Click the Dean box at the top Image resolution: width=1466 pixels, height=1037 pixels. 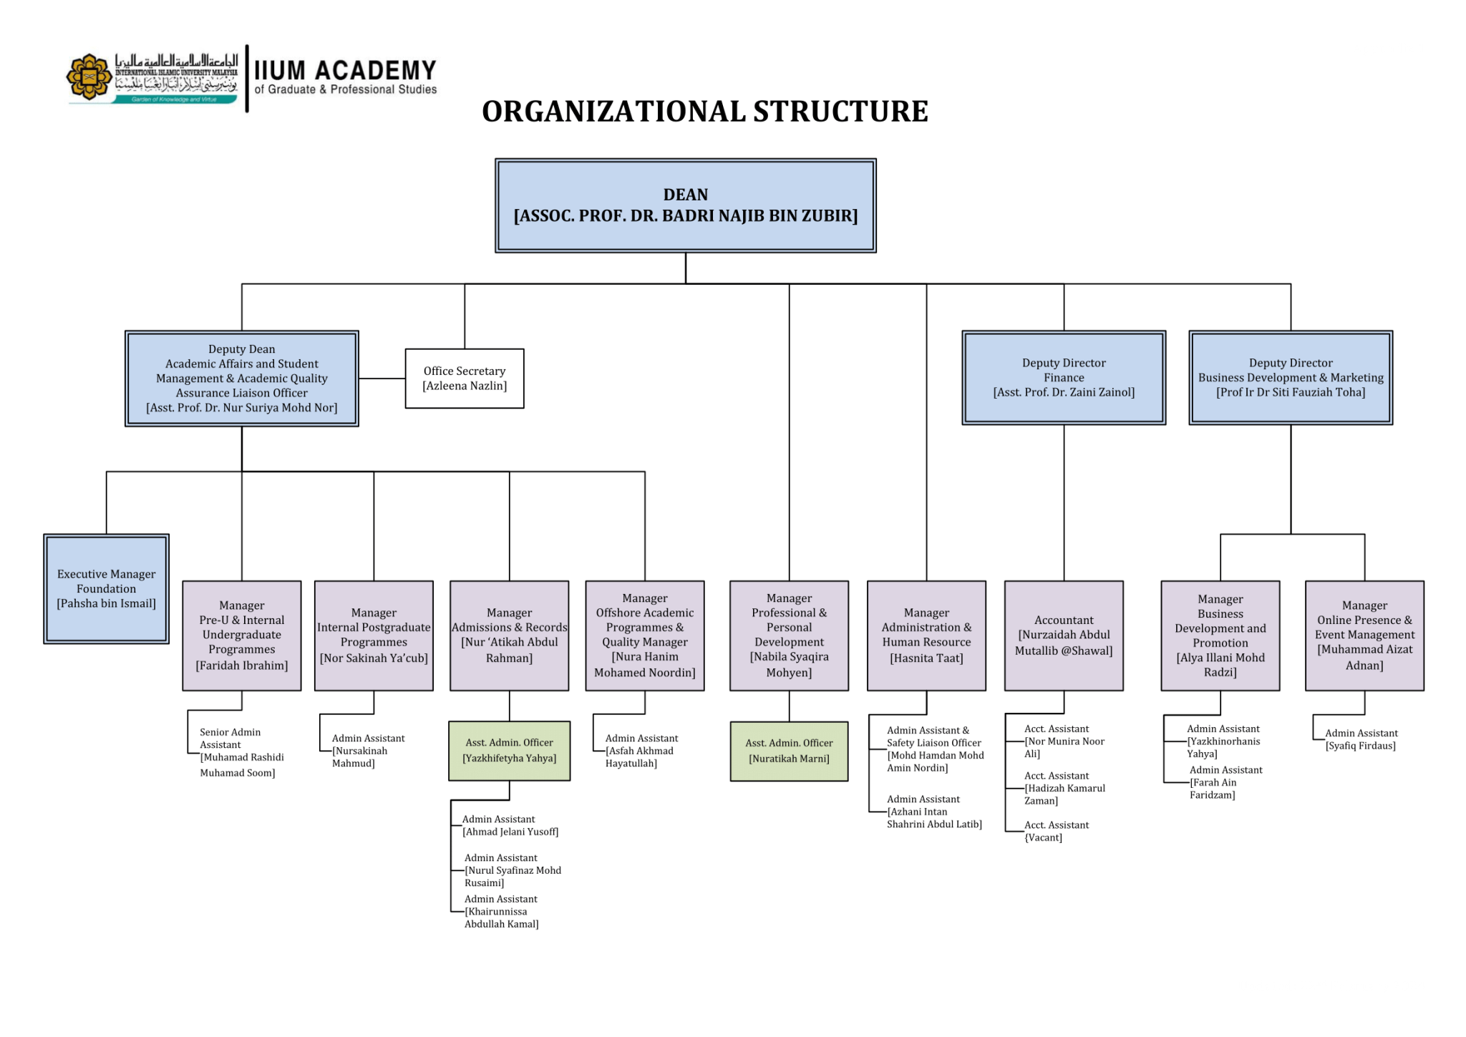[685, 205]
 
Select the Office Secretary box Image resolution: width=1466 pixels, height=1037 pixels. [464, 378]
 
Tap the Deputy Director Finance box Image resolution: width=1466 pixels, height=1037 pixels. [1063, 377]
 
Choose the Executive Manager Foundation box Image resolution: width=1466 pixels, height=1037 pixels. [106, 588]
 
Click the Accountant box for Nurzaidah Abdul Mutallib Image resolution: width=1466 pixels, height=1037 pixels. [1063, 635]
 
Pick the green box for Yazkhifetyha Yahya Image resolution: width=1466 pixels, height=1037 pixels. [509, 750]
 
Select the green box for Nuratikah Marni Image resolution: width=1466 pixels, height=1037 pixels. [789, 751]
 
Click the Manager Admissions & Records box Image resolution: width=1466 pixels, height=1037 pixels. [509, 635]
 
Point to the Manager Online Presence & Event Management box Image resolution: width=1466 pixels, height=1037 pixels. [1364, 635]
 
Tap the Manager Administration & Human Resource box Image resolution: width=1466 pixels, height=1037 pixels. [926, 635]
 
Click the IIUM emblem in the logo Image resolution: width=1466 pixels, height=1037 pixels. [88, 77]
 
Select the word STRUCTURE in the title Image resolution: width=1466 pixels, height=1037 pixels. [840, 112]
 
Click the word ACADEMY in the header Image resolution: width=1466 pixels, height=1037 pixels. [375, 70]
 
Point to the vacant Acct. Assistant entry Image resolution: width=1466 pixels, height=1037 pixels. [1056, 831]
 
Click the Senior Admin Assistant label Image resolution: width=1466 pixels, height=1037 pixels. [230, 738]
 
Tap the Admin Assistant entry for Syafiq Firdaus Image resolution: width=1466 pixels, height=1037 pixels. [1360, 739]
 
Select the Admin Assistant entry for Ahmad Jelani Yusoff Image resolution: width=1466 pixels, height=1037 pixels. [509, 825]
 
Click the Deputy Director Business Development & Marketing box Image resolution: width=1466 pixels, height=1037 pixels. [1290, 377]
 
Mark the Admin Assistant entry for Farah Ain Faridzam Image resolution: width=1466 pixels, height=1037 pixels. [1225, 782]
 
